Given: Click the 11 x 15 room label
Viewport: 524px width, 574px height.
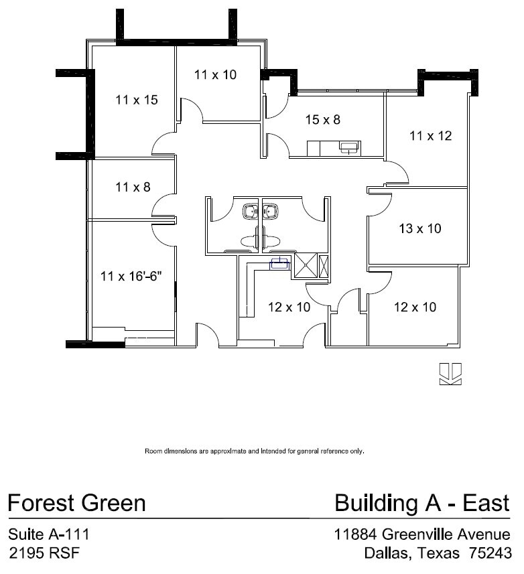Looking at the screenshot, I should coord(136,100).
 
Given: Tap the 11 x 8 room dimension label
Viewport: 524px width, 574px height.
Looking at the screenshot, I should coord(132,187).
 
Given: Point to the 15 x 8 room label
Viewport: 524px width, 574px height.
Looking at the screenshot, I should coord(322,120).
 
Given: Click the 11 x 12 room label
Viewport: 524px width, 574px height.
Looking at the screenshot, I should coord(430,136).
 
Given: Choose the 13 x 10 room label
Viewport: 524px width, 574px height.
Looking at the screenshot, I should coord(419,228).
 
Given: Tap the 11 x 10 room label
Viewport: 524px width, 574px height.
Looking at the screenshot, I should coord(215,75).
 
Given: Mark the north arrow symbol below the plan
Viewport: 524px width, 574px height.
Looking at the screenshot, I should coord(450,374).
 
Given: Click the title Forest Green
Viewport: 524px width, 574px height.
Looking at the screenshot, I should coord(76,502).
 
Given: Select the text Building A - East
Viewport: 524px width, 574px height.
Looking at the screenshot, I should coord(422,502).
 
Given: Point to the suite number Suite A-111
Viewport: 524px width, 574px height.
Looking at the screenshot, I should coord(48,534).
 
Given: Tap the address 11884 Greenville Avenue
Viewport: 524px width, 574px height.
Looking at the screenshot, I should coord(422,534).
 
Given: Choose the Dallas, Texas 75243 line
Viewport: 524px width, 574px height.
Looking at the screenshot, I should coord(437,553).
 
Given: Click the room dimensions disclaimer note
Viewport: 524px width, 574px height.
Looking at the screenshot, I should coord(255,451).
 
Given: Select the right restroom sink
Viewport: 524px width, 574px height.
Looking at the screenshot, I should coord(271,212).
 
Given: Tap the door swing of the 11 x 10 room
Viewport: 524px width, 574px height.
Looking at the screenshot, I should coord(191,111).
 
